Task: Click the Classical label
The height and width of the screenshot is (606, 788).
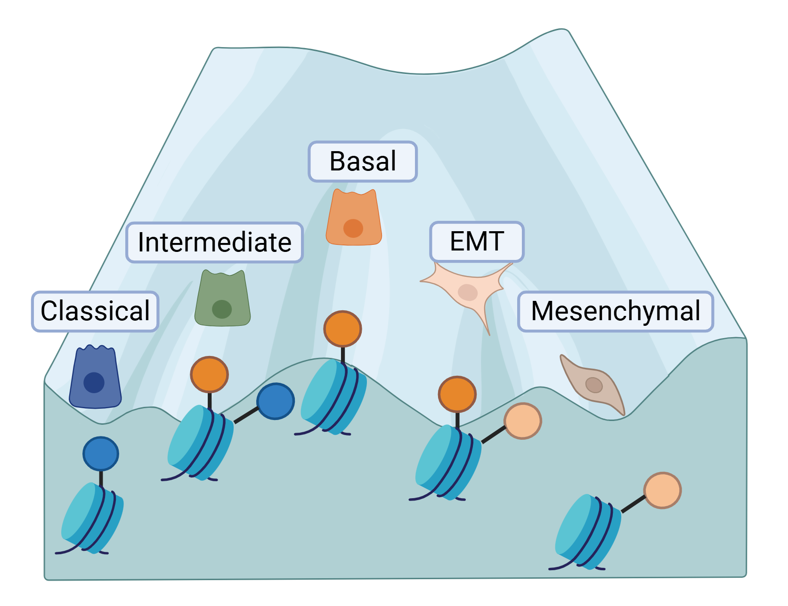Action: pos(95,311)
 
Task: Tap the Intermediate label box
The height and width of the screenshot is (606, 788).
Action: pos(214,242)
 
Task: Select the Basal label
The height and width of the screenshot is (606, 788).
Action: pos(363,162)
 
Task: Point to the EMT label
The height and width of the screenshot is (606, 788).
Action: pos(477,242)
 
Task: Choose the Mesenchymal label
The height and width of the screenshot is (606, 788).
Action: pos(616,311)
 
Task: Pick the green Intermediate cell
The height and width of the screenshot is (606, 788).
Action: pos(222,299)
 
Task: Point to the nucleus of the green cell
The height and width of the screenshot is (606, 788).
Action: pos(222,309)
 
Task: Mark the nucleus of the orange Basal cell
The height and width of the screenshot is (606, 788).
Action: pos(353,228)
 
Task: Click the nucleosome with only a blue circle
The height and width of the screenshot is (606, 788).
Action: pos(92,518)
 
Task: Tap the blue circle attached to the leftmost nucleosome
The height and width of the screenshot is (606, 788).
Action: pos(101,454)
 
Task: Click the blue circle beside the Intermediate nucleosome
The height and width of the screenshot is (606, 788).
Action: pos(276,401)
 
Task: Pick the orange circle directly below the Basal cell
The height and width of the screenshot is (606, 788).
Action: pos(342,329)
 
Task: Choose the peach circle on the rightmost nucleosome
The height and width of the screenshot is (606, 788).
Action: pos(662,491)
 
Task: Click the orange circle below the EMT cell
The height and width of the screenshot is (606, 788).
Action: pos(457,394)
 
